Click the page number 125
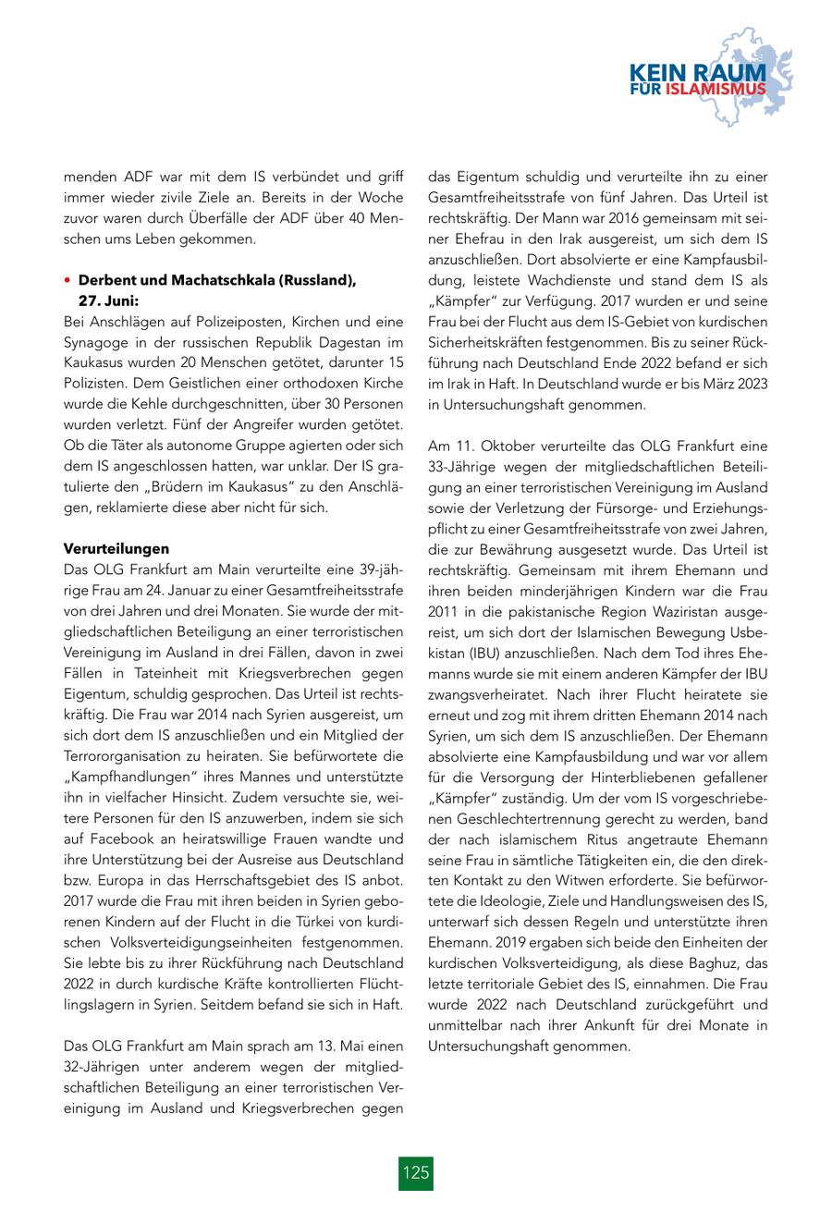coord(416,1173)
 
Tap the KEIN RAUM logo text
coord(698,72)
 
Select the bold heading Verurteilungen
coord(116,548)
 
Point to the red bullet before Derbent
coord(67,281)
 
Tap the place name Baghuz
coord(699,962)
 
